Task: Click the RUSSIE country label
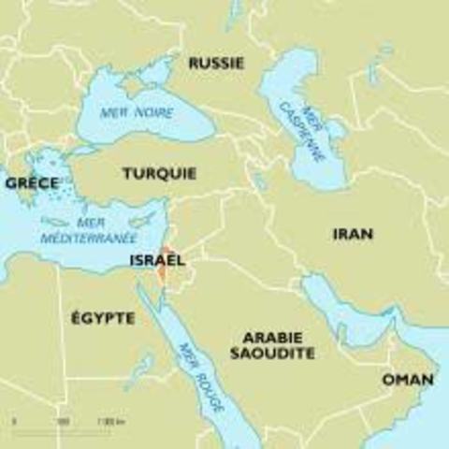click(216, 64)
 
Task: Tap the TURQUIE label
click(159, 173)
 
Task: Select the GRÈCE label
click(32, 183)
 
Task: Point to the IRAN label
click(352, 234)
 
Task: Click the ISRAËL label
click(157, 260)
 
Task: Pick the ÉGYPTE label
click(103, 318)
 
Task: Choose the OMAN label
click(408, 380)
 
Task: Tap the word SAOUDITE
click(272, 354)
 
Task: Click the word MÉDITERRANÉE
click(89, 239)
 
